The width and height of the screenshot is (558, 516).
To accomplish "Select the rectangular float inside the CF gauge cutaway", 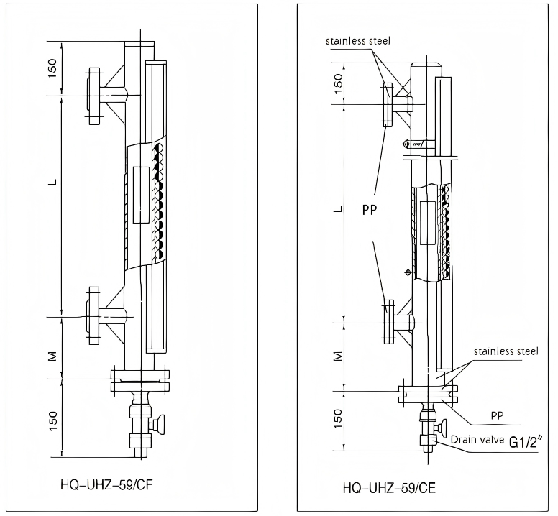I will (141, 195).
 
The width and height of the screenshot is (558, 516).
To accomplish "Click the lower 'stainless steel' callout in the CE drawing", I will (506, 351).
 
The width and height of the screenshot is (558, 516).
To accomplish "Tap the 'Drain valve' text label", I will (478, 438).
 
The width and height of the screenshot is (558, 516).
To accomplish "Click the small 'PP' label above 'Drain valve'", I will (496, 415).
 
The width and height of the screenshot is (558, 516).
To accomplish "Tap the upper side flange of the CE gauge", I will (387, 105).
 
